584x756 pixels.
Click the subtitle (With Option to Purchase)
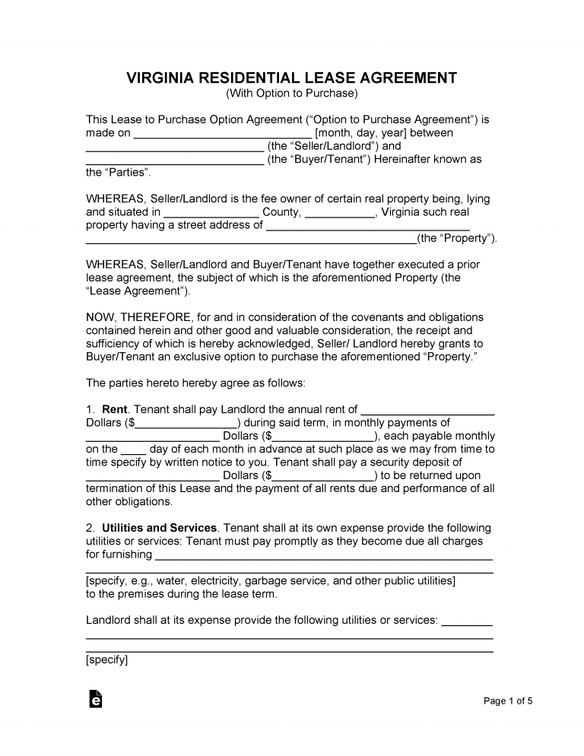point(292,94)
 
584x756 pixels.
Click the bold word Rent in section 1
point(115,410)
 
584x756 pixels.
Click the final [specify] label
point(107,660)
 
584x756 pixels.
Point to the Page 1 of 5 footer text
point(508,701)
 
